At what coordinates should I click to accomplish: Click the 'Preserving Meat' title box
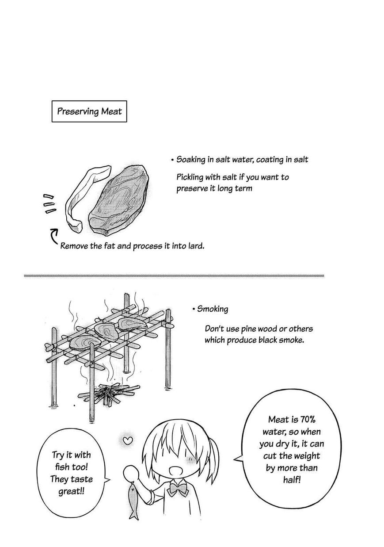pyautogui.click(x=89, y=111)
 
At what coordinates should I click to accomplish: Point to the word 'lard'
pyautogui.click(x=196, y=246)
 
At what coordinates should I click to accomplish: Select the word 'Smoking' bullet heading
pyautogui.click(x=212, y=309)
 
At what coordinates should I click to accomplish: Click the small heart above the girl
pyautogui.click(x=127, y=440)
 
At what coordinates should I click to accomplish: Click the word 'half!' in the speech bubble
pyautogui.click(x=292, y=480)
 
